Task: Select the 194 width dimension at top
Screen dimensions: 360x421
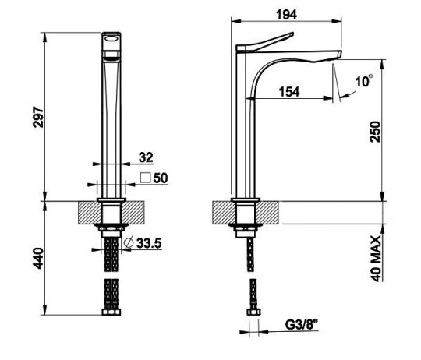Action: tap(288, 13)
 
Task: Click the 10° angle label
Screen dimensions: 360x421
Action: tap(364, 79)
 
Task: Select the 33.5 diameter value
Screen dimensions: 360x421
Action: tap(148, 243)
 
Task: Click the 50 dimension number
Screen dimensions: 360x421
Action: tap(161, 178)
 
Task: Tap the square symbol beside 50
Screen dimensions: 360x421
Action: tap(145, 178)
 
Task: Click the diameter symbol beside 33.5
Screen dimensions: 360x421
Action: tap(129, 243)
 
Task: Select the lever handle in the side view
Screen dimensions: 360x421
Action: tap(269, 41)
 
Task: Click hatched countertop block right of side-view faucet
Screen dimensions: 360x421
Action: tap(270, 212)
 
